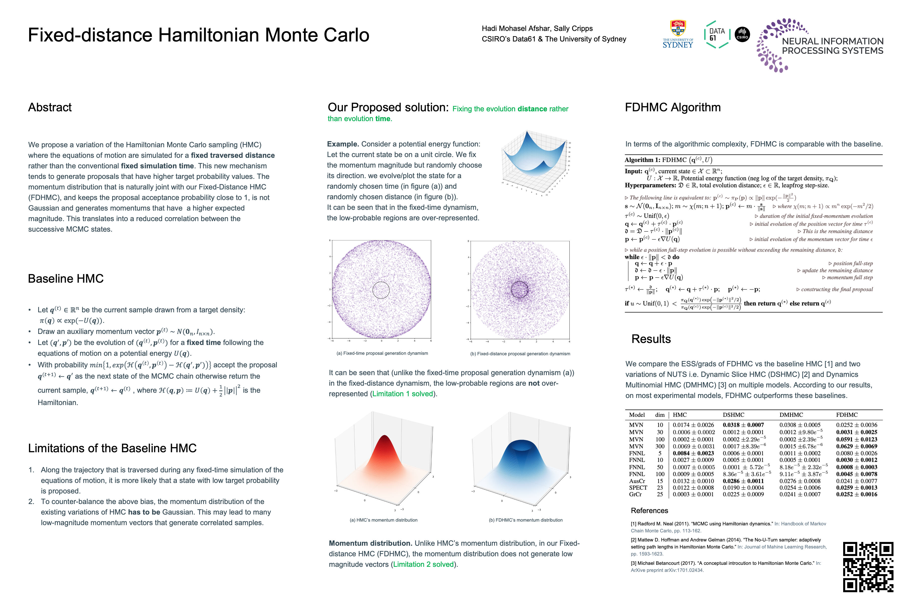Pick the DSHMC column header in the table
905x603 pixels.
click(733, 415)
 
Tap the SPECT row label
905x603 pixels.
click(638, 488)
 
